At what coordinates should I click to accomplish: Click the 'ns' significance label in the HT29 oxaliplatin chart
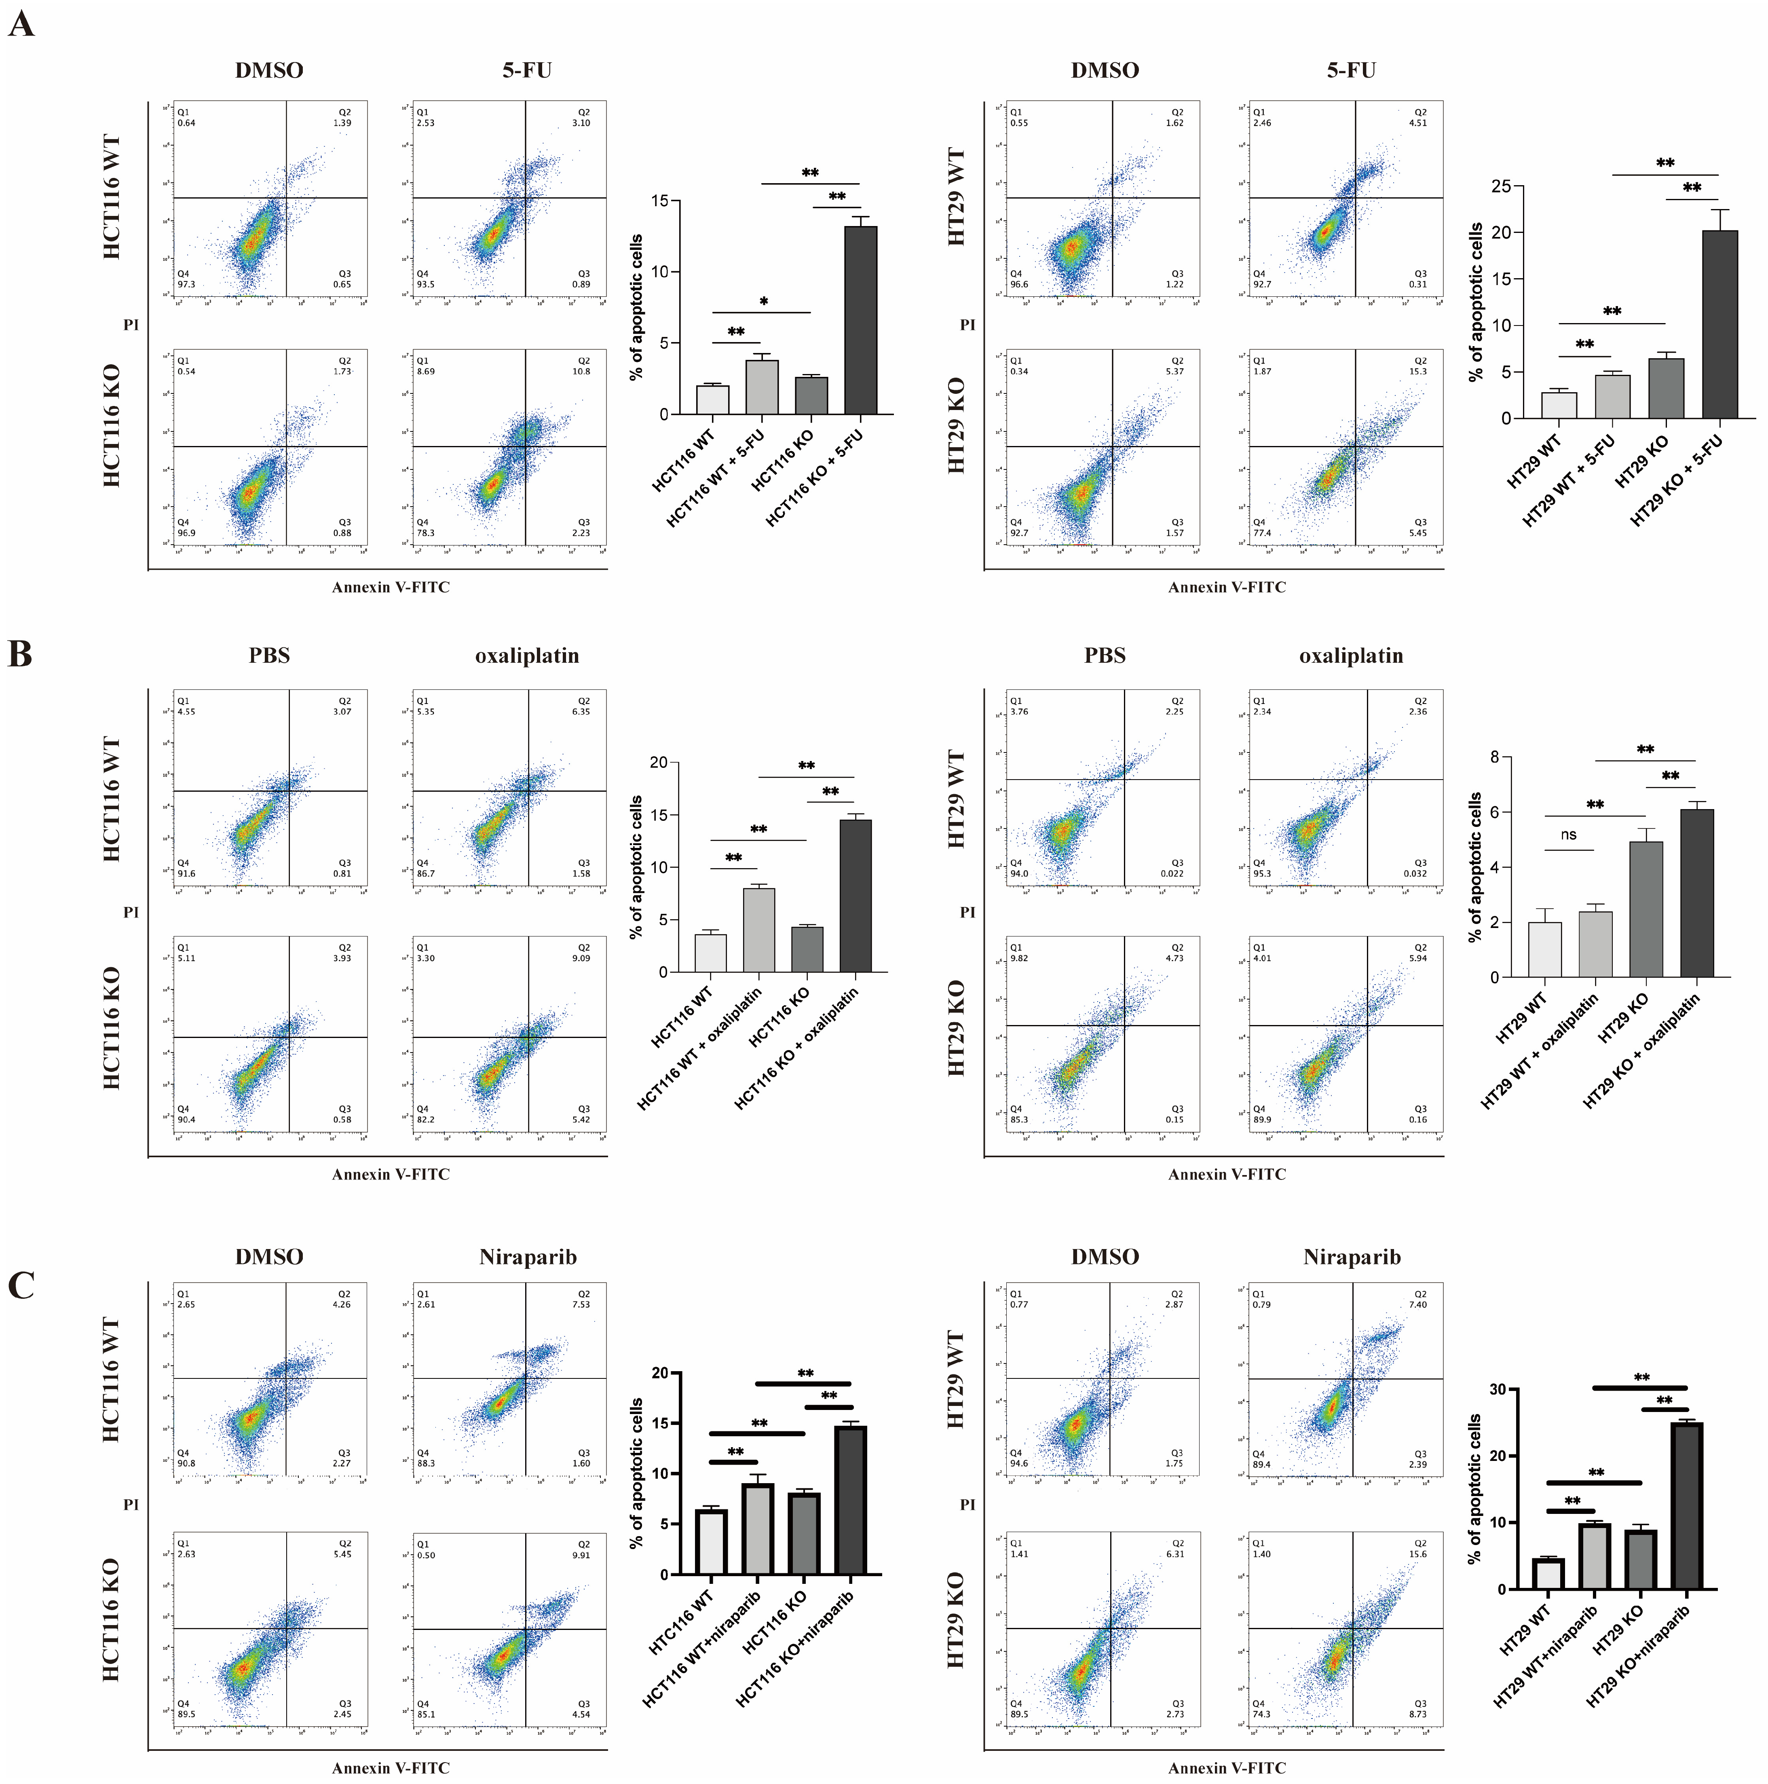coord(1569,835)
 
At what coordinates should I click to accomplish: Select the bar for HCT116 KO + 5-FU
coord(860,319)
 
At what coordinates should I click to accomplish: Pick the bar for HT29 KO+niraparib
coord(1687,1505)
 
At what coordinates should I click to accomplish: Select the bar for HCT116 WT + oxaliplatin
coord(759,930)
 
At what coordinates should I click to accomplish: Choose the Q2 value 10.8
coord(582,371)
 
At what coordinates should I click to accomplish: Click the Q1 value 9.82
coord(1019,958)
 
